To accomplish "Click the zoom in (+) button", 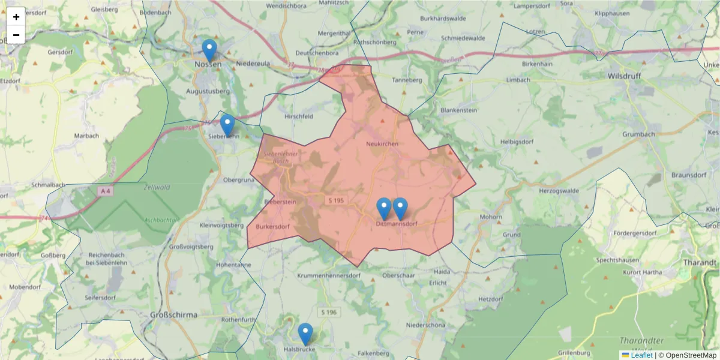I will pos(16,17).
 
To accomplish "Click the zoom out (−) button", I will pos(16,35).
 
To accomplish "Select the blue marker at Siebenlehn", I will pos(227,125).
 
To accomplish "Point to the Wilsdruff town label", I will pos(626,77).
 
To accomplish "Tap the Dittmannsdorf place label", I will pos(396,224).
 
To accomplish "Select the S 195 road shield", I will pos(335,199).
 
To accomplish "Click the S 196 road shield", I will pos(328,312).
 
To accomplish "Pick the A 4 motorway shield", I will pos(106,191).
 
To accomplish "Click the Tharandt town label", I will pos(703,262).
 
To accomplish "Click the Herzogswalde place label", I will pos(559,190).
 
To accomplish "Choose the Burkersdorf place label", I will pos(273,227).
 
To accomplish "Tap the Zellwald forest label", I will pos(157,187).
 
